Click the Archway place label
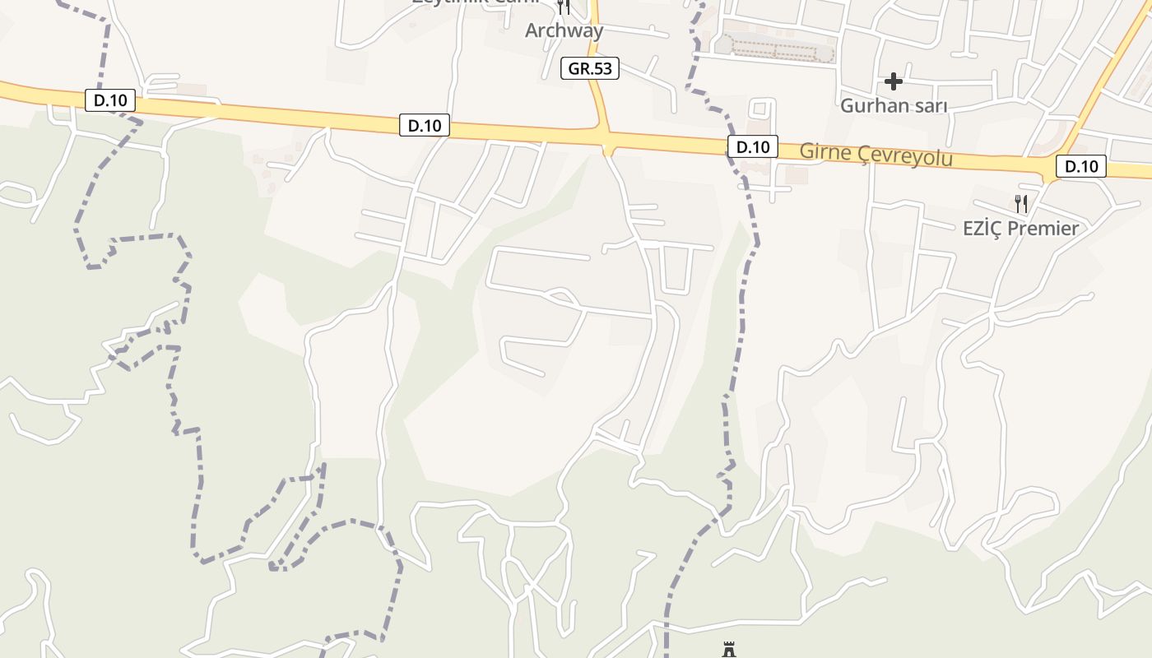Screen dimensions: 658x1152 (x=564, y=31)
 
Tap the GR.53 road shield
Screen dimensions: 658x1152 (x=591, y=68)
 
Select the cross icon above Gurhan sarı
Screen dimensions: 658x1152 (x=894, y=81)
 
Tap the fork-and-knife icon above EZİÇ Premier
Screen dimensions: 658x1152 (x=1021, y=203)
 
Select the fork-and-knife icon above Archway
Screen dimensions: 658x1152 (x=564, y=7)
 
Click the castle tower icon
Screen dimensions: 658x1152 (x=728, y=651)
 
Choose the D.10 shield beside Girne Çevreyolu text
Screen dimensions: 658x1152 (x=752, y=147)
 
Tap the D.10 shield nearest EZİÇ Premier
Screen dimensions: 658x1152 (x=1081, y=166)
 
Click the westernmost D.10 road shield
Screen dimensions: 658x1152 (x=110, y=100)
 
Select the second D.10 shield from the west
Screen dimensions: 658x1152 (x=425, y=125)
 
